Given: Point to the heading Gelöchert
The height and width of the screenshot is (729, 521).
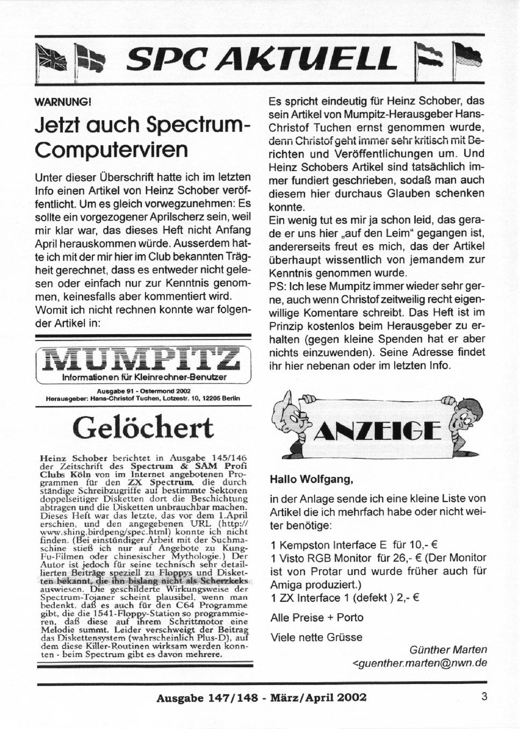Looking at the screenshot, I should (x=143, y=428).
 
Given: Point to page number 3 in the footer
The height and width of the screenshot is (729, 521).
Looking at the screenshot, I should (x=484, y=697).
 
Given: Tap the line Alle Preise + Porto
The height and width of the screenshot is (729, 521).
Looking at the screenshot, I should (x=317, y=617).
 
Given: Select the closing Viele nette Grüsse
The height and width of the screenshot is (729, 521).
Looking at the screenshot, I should (x=316, y=637).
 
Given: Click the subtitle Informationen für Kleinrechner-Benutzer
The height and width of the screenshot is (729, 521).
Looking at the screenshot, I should (x=144, y=378).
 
